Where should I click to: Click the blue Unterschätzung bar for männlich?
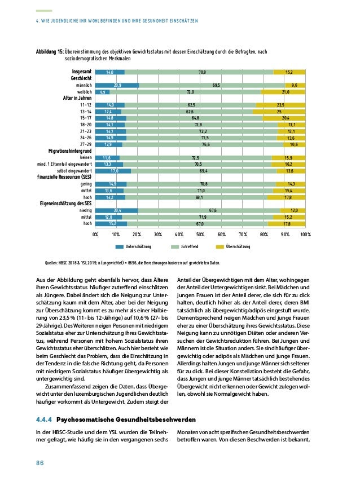click(117, 85)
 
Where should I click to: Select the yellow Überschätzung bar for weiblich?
click(283, 91)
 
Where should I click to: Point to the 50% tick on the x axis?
click(200, 233)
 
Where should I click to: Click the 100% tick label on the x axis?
click(305, 233)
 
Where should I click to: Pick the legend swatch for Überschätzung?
click(221, 247)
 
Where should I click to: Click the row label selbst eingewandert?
click(74, 171)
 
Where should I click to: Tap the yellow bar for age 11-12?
click(280, 105)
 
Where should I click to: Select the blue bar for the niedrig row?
click(116, 210)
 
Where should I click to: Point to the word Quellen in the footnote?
click(52, 263)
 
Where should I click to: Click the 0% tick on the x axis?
click(95, 233)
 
